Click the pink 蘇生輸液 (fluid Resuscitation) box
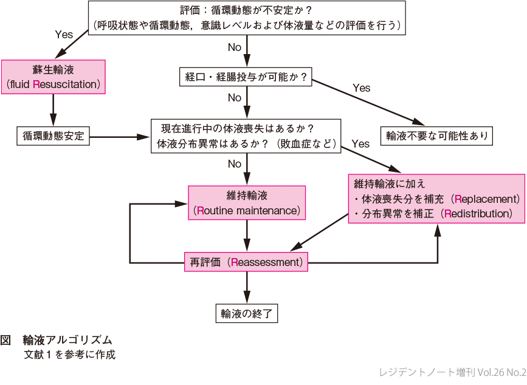tap(53, 76)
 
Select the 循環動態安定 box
tap(53, 135)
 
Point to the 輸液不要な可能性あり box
tap(436, 136)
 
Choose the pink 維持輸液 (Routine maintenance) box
tap(246, 203)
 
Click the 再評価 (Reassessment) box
tap(246, 262)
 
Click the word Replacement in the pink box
tap(486, 199)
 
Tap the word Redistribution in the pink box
tap(478, 214)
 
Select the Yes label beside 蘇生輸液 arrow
tap(64, 35)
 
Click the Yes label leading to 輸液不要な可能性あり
tap(361, 88)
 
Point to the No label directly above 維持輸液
tap(235, 164)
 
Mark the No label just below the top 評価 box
tap(235, 47)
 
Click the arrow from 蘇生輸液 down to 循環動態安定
tap(53, 109)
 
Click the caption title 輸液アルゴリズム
tap(67, 340)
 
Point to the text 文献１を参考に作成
tap(69, 355)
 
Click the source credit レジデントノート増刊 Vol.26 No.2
tap(452, 372)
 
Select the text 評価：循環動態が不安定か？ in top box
tap(246, 11)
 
